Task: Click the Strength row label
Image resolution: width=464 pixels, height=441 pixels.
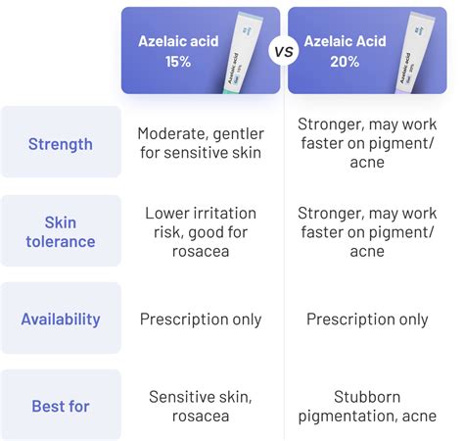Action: (61, 144)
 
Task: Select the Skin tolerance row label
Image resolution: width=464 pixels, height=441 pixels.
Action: (61, 231)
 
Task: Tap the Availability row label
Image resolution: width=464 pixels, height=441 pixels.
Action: (61, 318)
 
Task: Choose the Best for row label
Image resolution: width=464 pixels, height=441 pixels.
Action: (61, 405)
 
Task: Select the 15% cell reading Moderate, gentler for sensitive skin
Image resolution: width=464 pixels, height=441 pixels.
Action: (200, 144)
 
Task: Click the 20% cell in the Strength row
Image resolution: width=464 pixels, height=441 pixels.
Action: (367, 144)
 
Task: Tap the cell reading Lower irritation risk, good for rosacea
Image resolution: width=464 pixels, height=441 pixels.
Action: (200, 231)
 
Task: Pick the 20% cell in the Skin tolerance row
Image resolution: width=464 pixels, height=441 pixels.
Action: (367, 231)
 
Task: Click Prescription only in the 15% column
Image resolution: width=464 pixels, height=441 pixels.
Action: (200, 318)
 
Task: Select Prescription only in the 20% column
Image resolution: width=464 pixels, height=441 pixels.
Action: (367, 318)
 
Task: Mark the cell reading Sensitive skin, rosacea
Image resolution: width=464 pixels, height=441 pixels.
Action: (200, 405)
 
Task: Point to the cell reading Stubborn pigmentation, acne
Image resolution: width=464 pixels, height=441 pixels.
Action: (367, 405)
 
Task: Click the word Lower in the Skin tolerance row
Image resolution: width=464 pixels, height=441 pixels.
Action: (167, 213)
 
